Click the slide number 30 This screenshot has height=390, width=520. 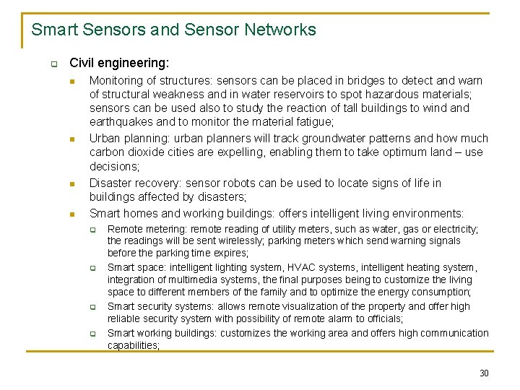click(484, 373)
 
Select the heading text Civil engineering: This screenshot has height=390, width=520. click(119, 64)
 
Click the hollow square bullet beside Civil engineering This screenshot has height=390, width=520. click(53, 64)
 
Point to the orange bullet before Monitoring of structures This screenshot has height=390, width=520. click(72, 81)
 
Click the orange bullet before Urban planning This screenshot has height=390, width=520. click(72, 139)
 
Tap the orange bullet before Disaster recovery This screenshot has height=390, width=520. click(72, 183)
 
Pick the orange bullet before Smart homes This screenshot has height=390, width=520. click(72, 214)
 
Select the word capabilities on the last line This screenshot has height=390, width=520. click(133, 345)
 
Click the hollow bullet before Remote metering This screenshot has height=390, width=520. click(93, 230)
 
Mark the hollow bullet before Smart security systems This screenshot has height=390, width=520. click(93, 307)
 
